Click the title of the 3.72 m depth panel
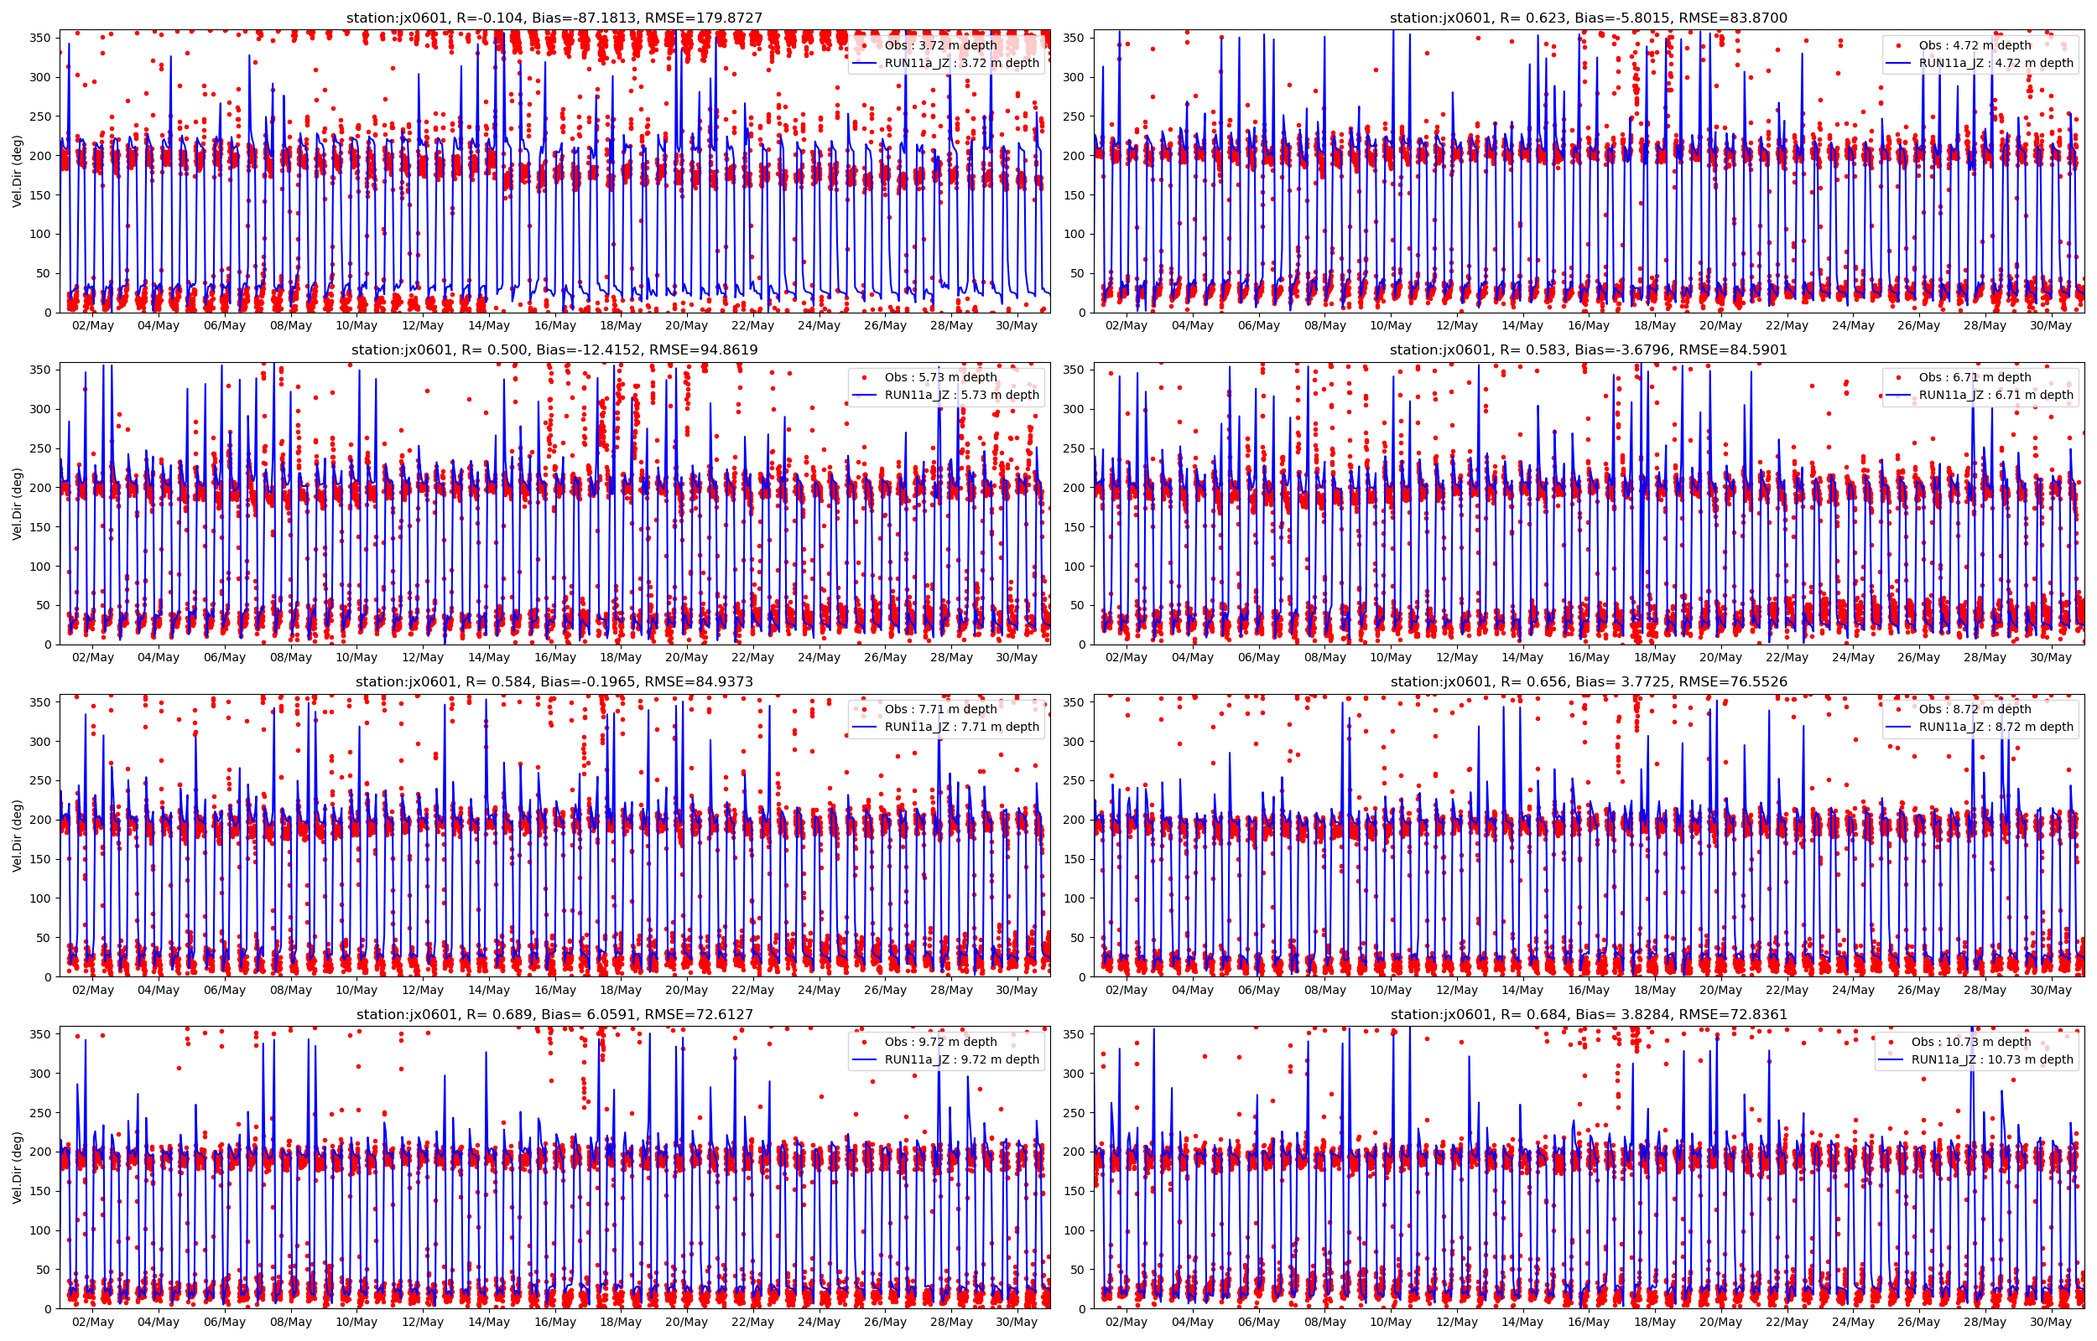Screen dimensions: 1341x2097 [554, 18]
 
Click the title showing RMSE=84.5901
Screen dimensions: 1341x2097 [1588, 350]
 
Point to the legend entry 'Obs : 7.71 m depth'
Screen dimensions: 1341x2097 [940, 709]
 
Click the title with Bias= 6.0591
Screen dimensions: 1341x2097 [554, 1014]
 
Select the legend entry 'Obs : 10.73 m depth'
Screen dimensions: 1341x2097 [1970, 1042]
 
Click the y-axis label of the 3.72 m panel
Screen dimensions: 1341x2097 [18, 172]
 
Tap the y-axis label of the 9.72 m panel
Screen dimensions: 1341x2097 [18, 1168]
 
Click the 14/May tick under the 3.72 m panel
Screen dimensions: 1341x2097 [489, 326]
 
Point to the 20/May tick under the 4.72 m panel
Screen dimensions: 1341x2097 [1720, 326]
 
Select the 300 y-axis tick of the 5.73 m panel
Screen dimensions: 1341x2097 [42, 409]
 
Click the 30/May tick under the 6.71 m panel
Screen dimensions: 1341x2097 [2051, 657]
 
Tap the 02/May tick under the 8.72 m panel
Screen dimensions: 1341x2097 [1127, 990]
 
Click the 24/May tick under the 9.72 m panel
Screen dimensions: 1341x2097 [819, 1322]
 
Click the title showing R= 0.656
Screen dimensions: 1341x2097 [1588, 682]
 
